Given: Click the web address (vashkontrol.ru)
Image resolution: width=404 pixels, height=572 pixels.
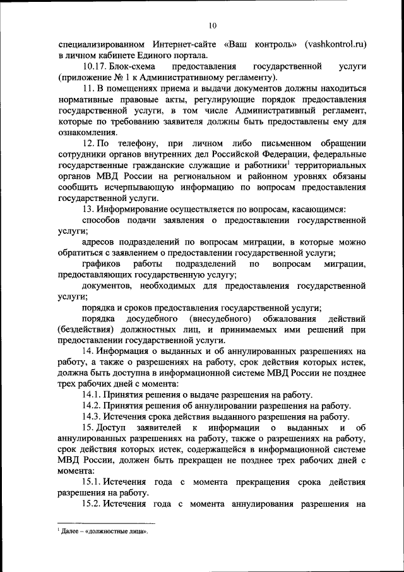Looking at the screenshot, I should pyautogui.click(x=335, y=45).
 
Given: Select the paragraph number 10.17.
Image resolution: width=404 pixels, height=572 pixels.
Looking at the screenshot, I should pyautogui.click(x=93, y=66).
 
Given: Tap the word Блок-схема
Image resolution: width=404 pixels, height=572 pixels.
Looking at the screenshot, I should pyautogui.click(x=131, y=66).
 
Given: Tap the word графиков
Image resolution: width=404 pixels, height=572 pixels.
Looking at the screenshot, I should pyautogui.click(x=102, y=264).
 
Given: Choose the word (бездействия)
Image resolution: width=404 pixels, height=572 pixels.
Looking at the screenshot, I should pyautogui.click(x=86, y=330).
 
